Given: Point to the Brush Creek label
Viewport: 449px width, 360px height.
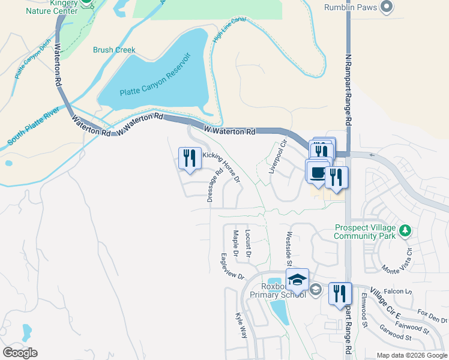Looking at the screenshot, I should pyautogui.click(x=114, y=50).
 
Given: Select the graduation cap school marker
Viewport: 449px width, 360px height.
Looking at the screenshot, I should pyautogui.click(x=297, y=279).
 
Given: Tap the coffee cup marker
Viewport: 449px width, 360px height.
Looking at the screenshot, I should pyautogui.click(x=316, y=172).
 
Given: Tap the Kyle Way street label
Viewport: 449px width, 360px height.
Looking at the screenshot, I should pyautogui.click(x=241, y=325).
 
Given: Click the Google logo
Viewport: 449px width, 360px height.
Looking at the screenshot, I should pyautogui.click(x=20, y=353).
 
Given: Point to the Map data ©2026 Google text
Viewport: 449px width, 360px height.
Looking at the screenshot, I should pyautogui.click(x=412, y=355).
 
